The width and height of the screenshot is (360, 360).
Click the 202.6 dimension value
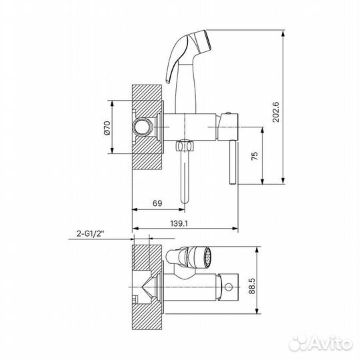pos(275,112)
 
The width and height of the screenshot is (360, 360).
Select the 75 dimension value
pos(255,156)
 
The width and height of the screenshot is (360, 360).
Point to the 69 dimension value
pos(157,203)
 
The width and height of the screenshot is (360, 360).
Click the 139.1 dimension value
pos(179,223)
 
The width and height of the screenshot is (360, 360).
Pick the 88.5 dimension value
pos(252,286)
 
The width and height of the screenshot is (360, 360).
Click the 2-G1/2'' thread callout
pos(91,233)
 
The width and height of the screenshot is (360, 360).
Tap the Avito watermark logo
pos(321,344)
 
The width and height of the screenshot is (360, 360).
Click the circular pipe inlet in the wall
pos(142,127)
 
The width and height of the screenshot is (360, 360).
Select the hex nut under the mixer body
pos(185,145)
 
